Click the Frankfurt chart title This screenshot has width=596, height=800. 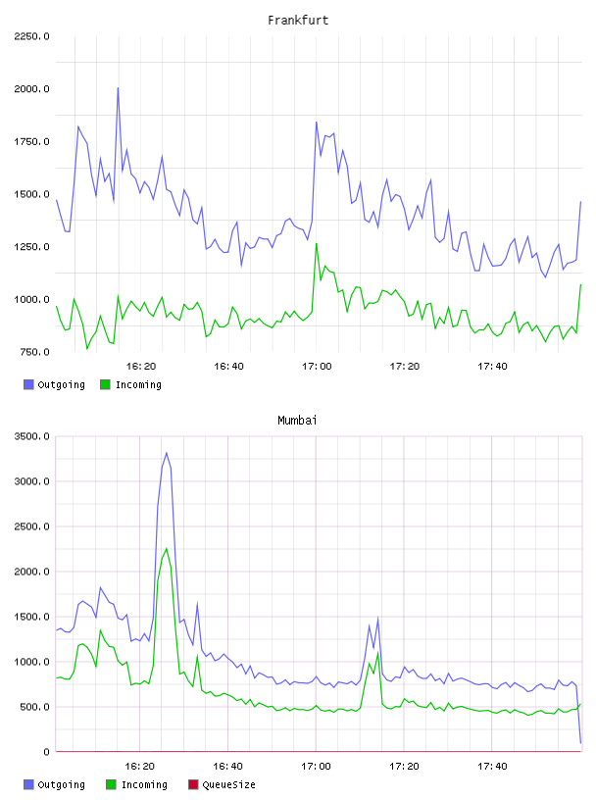pyautogui.click(x=298, y=21)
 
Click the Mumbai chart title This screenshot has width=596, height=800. pyautogui.click(x=297, y=421)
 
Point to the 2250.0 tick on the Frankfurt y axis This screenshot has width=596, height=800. pyautogui.click(x=31, y=36)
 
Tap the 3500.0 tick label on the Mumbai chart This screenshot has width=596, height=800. pyautogui.click(x=31, y=436)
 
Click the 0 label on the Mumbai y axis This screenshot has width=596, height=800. pyautogui.click(x=46, y=752)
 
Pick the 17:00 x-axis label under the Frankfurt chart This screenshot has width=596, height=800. pyautogui.click(x=317, y=367)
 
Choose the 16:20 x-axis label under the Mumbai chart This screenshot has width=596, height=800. pyautogui.click(x=140, y=767)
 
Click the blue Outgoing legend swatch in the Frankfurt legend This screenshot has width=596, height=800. pyautogui.click(x=28, y=384)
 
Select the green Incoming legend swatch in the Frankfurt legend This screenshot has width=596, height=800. pyautogui.click(x=105, y=384)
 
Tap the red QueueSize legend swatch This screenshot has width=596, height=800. pyautogui.click(x=193, y=784)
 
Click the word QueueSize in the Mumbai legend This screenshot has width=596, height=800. pyautogui.click(x=228, y=784)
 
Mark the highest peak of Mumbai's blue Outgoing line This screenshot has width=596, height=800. pyautogui.click(x=167, y=453)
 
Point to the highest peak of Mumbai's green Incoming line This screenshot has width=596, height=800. pyautogui.click(x=167, y=548)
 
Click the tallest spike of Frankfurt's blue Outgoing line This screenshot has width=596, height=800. pyautogui.click(x=118, y=88)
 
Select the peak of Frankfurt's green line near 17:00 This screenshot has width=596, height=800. pyautogui.click(x=317, y=244)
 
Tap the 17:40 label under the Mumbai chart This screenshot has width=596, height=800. pyautogui.click(x=492, y=767)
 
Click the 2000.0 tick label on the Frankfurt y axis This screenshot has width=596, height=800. pyautogui.click(x=31, y=89)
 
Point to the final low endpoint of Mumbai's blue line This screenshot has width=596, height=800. pyautogui.click(x=580, y=743)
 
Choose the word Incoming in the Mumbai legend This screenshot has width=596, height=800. pyautogui.click(x=144, y=784)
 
